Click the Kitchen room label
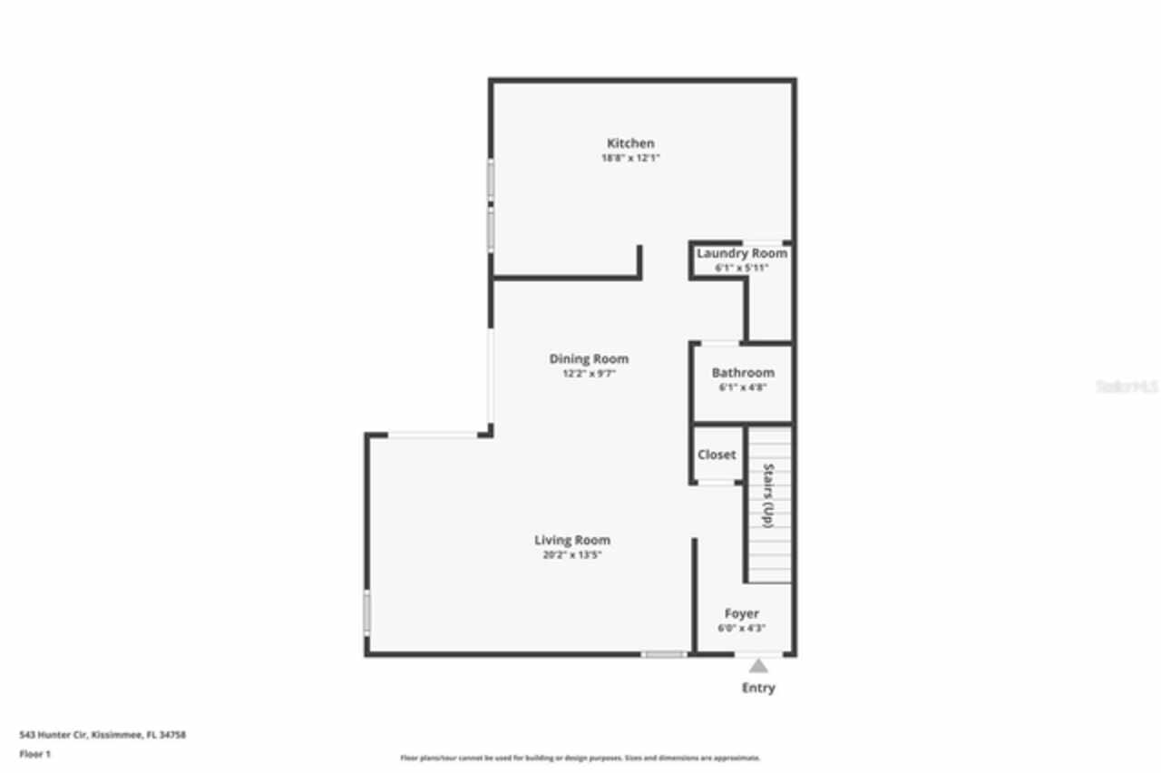tap(630, 143)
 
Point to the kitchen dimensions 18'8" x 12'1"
tap(630, 158)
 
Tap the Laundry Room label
tap(742, 254)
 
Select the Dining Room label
tap(589, 359)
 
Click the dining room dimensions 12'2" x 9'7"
tap(589, 374)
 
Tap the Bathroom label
tap(743, 373)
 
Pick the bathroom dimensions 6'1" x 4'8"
tap(743, 387)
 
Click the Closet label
tap(717, 455)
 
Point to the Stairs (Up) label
tap(768, 495)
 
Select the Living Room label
tap(572, 541)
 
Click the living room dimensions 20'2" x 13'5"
tap(572, 555)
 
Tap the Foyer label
tap(741, 614)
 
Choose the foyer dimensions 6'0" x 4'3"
tap(741, 629)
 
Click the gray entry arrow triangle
tap(758, 666)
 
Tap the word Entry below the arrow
tap(758, 688)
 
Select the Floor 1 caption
tap(35, 754)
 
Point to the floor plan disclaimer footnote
tap(580, 758)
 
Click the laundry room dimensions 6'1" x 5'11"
tap(742, 269)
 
